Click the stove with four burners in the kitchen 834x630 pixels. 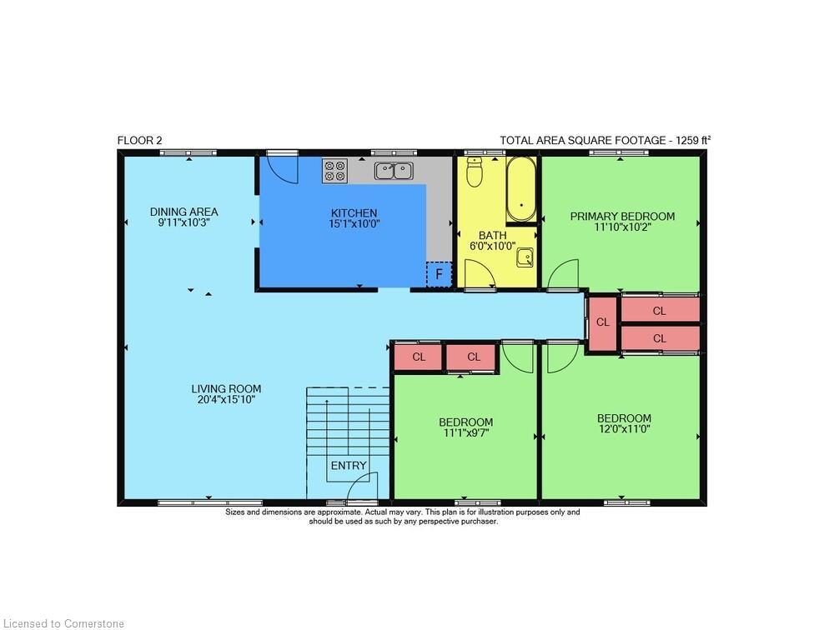point(334,171)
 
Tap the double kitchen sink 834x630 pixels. point(393,171)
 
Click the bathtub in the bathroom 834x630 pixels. point(523,190)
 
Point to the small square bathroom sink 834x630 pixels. point(525,257)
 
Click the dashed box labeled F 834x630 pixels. point(439,273)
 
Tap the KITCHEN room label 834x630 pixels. point(354,213)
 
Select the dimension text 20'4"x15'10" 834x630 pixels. point(225,400)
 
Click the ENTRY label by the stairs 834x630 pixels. point(348,465)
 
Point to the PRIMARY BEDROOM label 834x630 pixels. point(622,217)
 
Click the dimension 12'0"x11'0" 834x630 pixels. point(624,429)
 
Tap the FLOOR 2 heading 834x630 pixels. point(139,141)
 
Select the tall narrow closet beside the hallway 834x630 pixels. point(602,322)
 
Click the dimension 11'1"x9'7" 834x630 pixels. point(465,433)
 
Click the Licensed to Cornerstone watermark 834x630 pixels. point(63,622)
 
